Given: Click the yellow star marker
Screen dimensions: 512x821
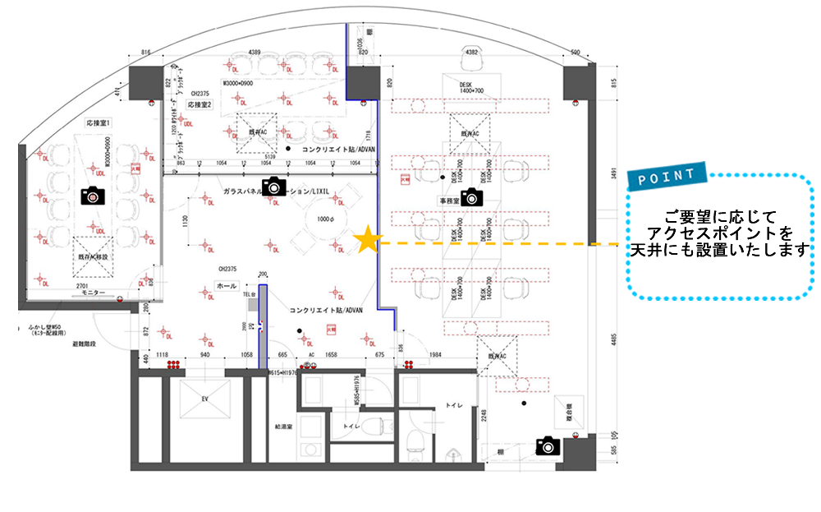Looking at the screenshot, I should pyautogui.click(x=369, y=240).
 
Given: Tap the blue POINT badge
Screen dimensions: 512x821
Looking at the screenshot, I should pyautogui.click(x=667, y=175).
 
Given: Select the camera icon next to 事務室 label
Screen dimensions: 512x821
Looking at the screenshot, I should pyautogui.click(x=470, y=196).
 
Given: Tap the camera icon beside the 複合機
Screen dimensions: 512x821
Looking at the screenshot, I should pyautogui.click(x=546, y=445).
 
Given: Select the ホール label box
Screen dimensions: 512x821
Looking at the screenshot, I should pyautogui.click(x=225, y=286).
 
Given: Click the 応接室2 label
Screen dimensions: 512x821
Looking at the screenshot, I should pyautogui.click(x=200, y=105).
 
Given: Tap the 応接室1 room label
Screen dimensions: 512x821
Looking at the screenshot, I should pyautogui.click(x=98, y=122).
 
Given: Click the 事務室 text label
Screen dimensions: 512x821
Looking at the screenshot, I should pyautogui.click(x=447, y=200).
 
